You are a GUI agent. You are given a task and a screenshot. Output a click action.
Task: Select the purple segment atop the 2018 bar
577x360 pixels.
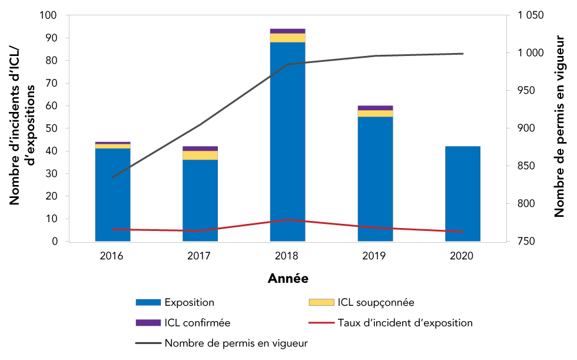click(287, 31)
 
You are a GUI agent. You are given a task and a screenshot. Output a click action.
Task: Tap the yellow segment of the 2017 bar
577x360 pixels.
click(200, 155)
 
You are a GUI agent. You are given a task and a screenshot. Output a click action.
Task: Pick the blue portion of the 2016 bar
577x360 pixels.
click(112, 194)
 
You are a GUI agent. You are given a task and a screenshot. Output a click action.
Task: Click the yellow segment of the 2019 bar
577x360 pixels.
click(375, 113)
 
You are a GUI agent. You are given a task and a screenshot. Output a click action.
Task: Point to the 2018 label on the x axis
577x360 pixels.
click(287, 256)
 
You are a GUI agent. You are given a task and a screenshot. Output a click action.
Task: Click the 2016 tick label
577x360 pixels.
click(112, 256)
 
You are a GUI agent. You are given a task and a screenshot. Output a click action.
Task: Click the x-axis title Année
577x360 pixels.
click(287, 278)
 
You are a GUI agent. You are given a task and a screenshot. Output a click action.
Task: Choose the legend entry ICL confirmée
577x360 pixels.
click(197, 323)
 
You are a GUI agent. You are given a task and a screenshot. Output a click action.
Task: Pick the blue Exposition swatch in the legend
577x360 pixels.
click(148, 302)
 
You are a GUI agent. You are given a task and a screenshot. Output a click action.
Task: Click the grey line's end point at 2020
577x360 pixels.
click(463, 54)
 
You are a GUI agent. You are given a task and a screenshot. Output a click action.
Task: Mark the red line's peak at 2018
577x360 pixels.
click(287, 220)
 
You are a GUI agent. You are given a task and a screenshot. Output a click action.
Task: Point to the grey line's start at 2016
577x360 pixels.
click(112, 177)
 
